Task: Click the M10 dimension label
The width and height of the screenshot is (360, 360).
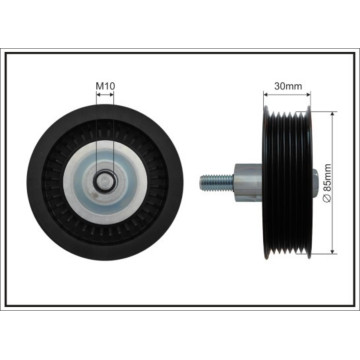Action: point(105,86)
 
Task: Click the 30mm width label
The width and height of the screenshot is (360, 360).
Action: point(288,86)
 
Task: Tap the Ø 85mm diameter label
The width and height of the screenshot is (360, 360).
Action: point(328,183)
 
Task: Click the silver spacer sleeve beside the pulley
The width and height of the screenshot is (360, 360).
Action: point(248,182)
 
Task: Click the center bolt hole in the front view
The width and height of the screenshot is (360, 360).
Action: point(105,181)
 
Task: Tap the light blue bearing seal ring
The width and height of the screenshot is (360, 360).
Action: point(105,182)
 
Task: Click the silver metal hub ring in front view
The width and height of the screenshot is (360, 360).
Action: point(105,182)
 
